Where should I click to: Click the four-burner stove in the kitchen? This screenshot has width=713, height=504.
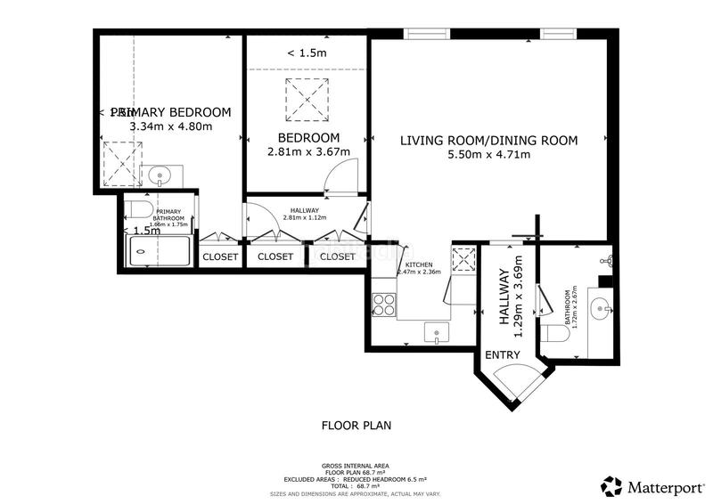tap(384, 304)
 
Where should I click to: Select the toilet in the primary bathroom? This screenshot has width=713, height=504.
tap(135, 208)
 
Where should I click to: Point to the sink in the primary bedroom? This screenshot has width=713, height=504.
tap(160, 175)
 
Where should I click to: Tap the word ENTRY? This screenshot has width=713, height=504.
tap(502, 355)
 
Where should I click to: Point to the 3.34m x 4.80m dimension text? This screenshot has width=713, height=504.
tap(171, 126)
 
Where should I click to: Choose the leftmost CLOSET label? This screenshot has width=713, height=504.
tap(220, 256)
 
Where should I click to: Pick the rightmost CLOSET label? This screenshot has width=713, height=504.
tap(337, 256)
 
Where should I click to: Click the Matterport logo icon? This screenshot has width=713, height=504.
tap(611, 486)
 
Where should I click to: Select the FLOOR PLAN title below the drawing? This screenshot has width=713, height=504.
tap(356, 425)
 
